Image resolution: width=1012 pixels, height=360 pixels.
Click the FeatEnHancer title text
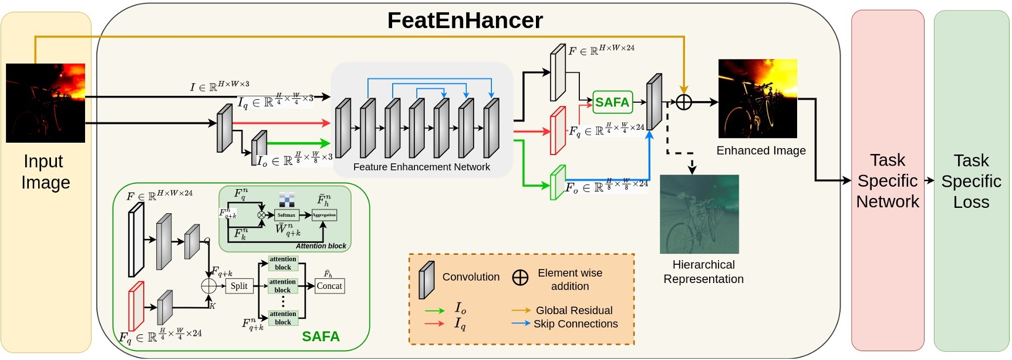coord(465,21)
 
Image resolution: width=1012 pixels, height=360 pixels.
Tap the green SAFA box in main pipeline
coord(612,102)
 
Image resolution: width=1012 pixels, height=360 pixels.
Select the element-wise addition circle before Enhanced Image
coord(684,102)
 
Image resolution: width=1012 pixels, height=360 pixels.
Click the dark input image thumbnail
coord(45,103)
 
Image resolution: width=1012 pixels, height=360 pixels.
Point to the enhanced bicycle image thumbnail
coord(757,98)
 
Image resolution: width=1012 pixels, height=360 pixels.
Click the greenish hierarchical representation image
coord(699,214)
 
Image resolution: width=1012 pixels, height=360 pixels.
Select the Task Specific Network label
coord(887,180)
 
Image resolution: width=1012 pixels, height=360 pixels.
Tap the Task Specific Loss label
coord(971,181)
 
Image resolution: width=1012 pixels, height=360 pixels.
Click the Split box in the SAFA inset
coord(239,286)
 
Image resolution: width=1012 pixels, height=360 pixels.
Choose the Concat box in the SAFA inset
coord(329,286)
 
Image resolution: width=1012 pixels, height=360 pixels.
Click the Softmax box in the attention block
coord(286,215)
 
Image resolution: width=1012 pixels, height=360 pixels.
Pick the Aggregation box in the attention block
coord(324,215)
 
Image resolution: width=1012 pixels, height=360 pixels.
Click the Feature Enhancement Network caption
coord(421,167)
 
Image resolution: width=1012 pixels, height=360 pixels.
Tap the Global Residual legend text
coord(574,310)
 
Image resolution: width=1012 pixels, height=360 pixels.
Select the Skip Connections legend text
coord(575,324)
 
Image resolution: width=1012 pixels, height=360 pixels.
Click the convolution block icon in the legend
coord(426,280)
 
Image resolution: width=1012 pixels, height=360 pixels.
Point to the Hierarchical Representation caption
coord(703,271)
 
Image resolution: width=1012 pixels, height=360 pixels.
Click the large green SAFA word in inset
coord(321,337)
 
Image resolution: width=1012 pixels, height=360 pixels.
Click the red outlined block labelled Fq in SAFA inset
coord(136,306)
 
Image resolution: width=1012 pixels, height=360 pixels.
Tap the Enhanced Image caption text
coord(761,150)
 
